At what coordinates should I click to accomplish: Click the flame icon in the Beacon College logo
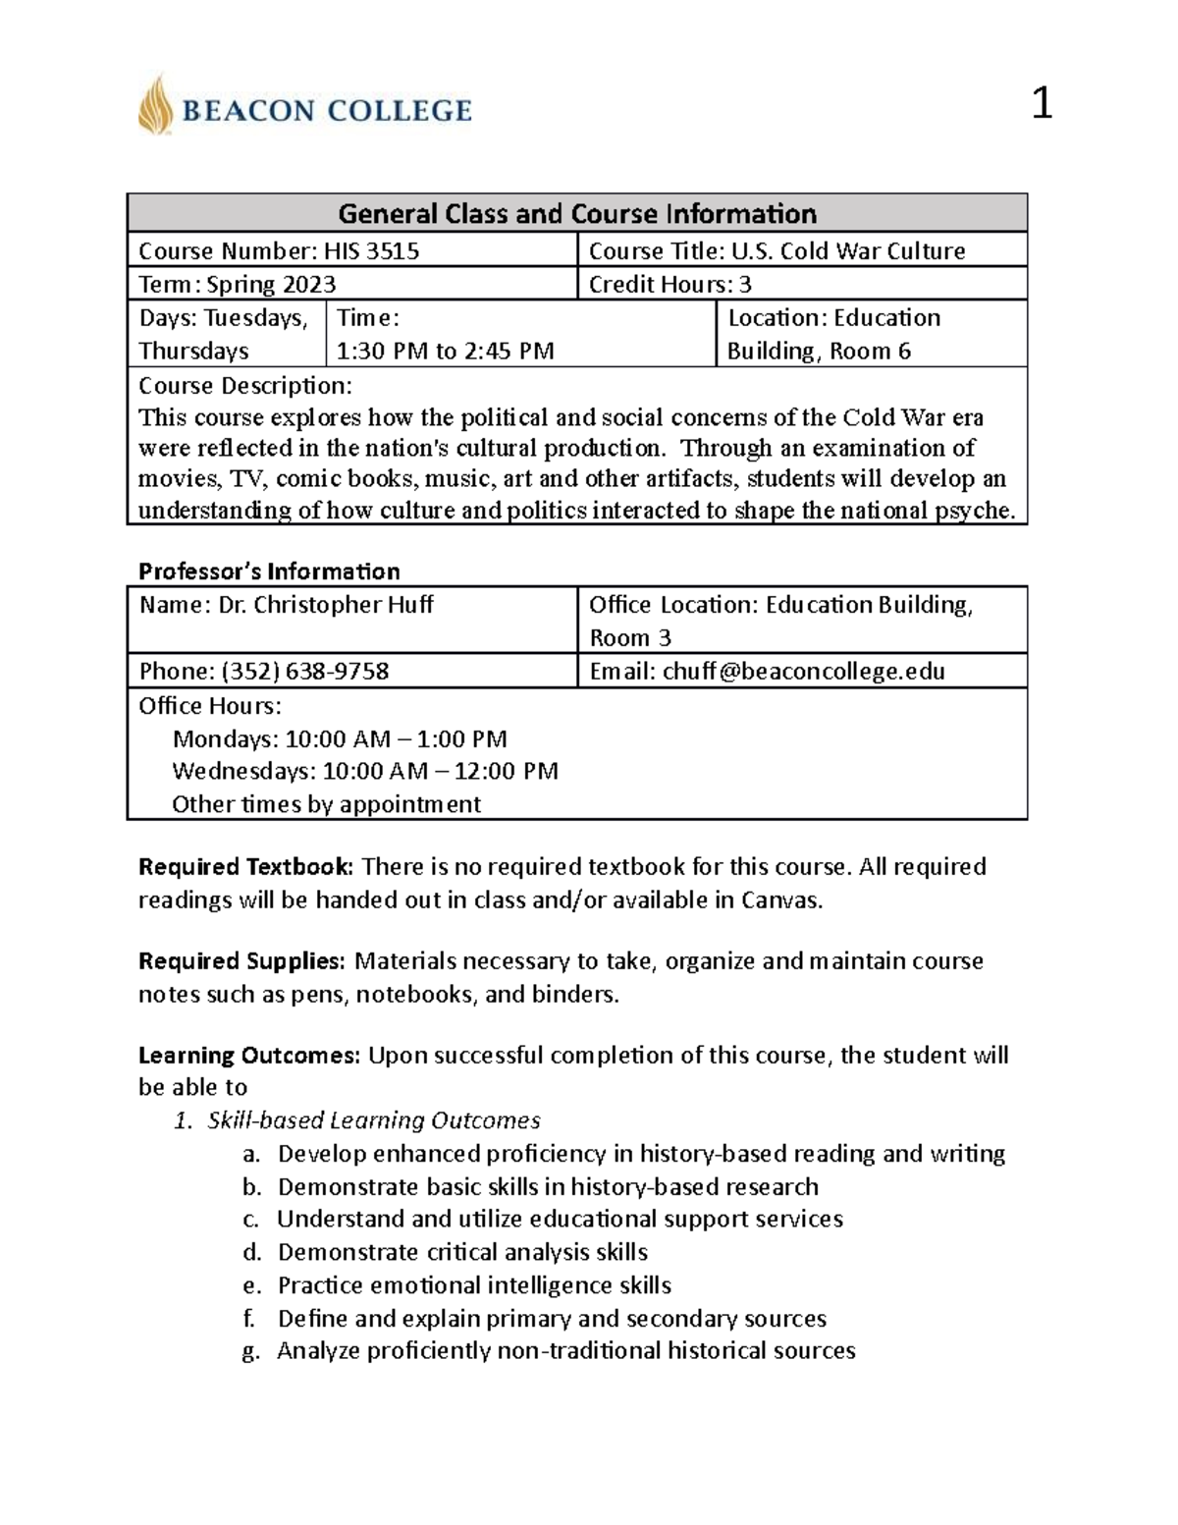155,105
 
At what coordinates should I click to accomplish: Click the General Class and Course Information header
577,214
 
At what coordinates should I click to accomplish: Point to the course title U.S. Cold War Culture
848,251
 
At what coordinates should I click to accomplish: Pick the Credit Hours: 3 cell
669,285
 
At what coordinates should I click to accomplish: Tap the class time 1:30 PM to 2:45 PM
445,351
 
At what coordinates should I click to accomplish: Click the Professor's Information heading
269,572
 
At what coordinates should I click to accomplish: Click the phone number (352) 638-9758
304,672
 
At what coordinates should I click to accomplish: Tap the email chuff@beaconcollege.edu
803,672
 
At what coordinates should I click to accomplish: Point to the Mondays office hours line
340,738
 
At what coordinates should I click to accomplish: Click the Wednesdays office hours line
365,771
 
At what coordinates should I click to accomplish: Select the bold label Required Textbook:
245,867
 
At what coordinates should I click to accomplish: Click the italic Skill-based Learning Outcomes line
373,1120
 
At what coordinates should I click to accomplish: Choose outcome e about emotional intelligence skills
474,1285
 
